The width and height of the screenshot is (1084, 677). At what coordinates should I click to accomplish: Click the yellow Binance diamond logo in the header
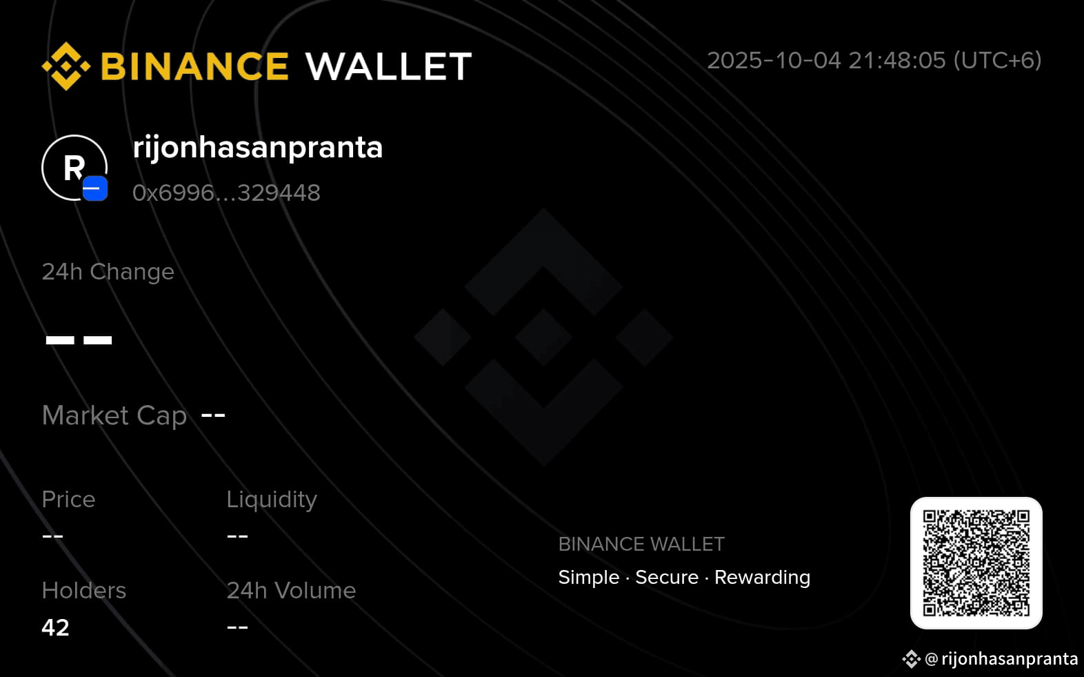coord(66,66)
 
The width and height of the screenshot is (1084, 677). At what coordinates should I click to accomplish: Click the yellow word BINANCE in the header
coord(195,66)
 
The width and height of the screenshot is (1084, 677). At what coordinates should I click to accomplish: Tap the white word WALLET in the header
coord(389,66)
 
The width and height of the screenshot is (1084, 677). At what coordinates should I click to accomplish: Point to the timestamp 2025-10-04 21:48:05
coord(826,61)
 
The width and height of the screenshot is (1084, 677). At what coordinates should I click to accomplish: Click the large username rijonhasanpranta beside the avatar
coord(258,147)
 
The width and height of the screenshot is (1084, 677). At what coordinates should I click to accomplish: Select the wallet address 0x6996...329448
coord(226,193)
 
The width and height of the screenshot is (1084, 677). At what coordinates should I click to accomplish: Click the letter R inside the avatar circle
coord(74,168)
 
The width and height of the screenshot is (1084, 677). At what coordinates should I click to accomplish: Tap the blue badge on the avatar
coord(95,188)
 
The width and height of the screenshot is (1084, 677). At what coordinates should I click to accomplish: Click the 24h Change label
coord(108,272)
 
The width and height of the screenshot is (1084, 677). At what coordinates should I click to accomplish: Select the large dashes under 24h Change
coord(79,340)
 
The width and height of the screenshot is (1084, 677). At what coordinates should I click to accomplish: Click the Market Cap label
coord(114,415)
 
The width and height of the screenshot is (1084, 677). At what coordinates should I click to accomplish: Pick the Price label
coord(68,499)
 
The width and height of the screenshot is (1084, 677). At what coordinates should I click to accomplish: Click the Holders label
coord(83,591)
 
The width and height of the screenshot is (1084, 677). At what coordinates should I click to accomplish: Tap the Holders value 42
coord(56,627)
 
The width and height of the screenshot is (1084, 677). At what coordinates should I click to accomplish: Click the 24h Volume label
coord(291,591)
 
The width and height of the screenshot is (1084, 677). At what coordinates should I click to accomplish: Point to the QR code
coord(976,563)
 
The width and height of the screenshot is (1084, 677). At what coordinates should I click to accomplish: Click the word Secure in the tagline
coord(667,577)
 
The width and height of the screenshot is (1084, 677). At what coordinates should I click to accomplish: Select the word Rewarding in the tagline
coord(762,578)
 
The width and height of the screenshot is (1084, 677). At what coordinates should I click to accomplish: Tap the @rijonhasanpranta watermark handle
coord(1001,659)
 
